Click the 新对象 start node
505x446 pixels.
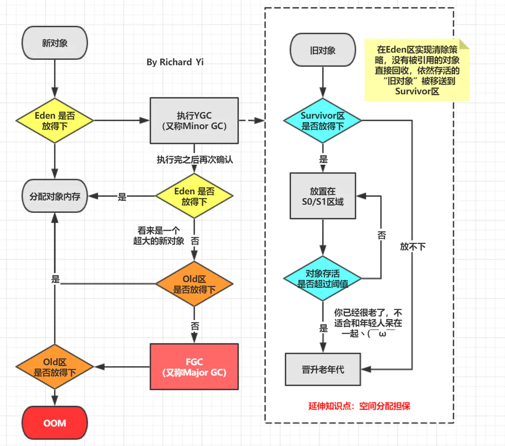tap(55, 43)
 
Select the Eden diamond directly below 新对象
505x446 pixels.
tap(55, 120)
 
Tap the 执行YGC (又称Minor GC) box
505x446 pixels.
tap(194, 120)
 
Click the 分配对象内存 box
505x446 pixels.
tap(55, 197)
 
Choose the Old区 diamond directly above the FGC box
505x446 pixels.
tap(194, 284)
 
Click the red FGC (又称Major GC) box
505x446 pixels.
tap(194, 366)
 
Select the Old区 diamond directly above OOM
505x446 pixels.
tap(55, 367)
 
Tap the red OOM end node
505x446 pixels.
tap(55, 423)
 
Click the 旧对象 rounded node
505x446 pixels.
tap(322, 51)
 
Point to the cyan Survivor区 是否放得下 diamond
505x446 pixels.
tap(322, 120)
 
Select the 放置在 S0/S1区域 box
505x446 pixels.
tap(322, 196)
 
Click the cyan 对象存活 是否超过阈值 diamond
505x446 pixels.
tap(322, 278)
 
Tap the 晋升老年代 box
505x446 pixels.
tap(322, 369)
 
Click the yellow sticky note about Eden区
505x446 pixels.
tap(417, 70)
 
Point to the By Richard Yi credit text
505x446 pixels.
tap(175, 62)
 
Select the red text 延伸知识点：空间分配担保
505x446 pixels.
tap(359, 406)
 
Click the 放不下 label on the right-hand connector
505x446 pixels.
tap(413, 247)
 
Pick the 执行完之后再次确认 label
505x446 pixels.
tap(194, 159)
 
